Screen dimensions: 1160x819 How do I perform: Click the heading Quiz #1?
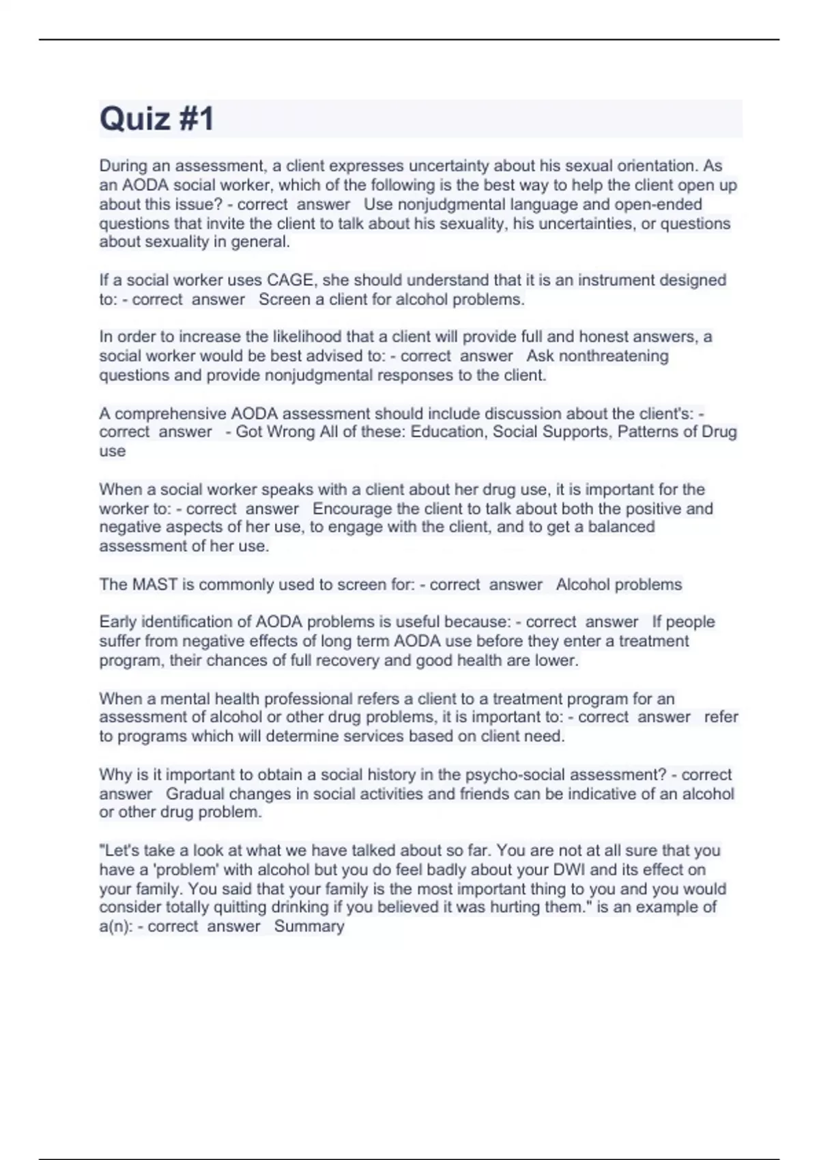coord(157,119)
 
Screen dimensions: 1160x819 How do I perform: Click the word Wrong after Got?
coord(293,432)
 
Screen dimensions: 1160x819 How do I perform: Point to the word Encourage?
coord(352,509)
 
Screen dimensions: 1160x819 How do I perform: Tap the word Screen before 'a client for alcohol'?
coord(284,300)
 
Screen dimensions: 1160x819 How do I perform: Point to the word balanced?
coord(620,527)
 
